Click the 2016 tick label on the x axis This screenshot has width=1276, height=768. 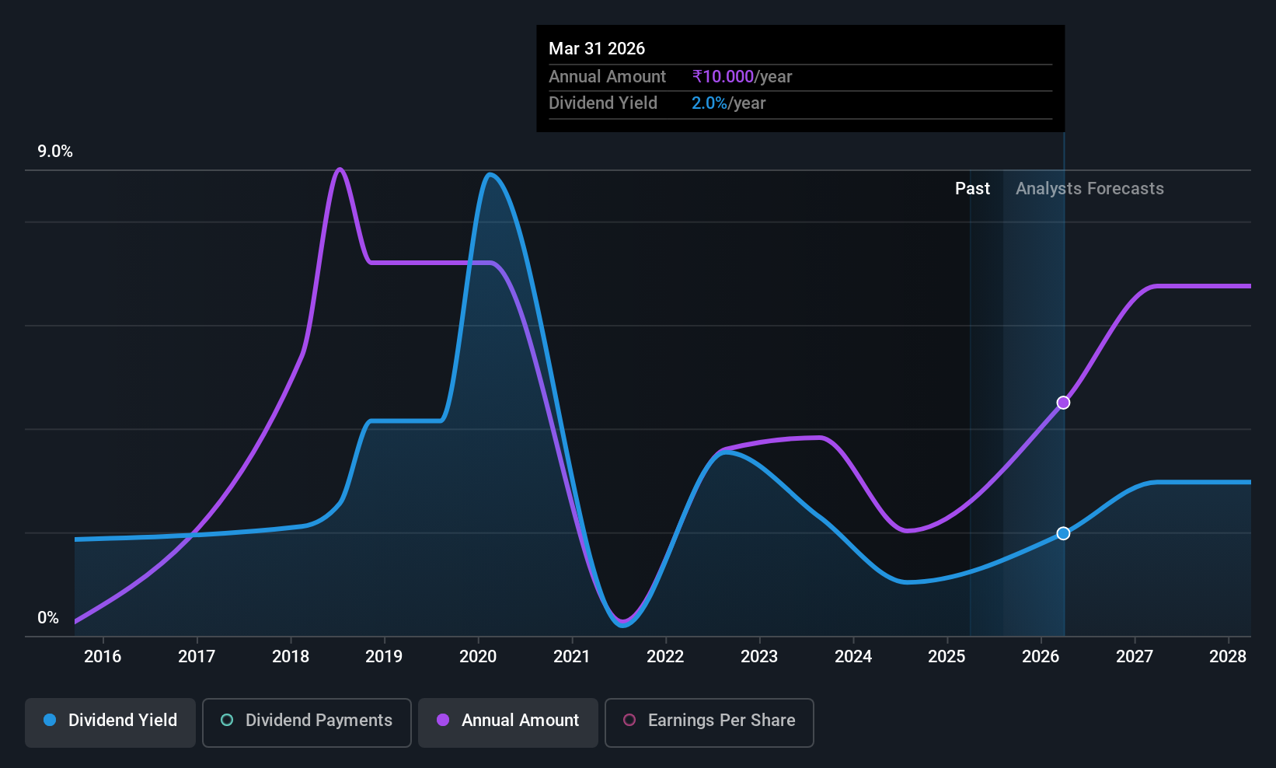[x=103, y=656]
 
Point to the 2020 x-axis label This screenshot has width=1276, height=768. [x=478, y=656]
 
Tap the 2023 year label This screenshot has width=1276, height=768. [x=759, y=656]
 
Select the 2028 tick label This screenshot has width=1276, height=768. [x=1228, y=656]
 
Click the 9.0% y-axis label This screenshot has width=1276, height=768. [x=55, y=152]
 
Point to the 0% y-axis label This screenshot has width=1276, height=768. [x=48, y=618]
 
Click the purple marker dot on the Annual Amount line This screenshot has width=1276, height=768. [x=1063, y=403]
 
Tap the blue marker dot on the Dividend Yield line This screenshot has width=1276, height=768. [x=1063, y=533]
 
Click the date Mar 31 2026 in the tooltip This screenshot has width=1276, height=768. [x=596, y=49]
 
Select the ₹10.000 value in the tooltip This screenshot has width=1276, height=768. [x=723, y=76]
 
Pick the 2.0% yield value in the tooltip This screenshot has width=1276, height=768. [x=709, y=103]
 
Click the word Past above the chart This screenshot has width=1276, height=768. [x=972, y=189]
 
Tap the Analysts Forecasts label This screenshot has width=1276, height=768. [x=1089, y=189]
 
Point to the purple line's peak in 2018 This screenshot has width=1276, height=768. [x=340, y=169]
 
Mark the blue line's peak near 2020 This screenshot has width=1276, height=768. [x=490, y=174]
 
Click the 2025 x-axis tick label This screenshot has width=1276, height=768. [x=947, y=656]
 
